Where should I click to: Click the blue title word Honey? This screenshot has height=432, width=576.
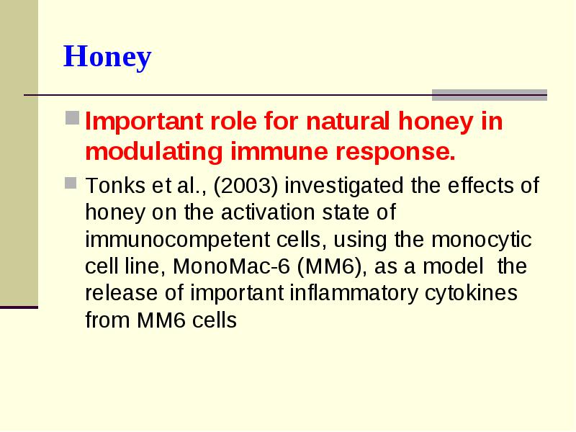[107, 57]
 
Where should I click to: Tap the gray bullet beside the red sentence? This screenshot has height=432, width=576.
[73, 118]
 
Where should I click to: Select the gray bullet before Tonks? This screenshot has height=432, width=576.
[71, 183]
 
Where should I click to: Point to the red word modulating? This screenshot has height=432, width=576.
[154, 152]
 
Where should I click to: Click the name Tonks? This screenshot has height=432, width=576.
[115, 185]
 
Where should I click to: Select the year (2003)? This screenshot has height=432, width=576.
[246, 186]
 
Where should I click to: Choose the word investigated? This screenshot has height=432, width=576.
[344, 186]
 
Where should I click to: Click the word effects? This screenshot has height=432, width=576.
[480, 185]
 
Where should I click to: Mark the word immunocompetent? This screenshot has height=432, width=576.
[177, 240]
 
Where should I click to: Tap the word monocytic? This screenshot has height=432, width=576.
[481, 240]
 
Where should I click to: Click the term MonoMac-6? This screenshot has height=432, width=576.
[231, 266]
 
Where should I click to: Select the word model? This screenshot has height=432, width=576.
[453, 266]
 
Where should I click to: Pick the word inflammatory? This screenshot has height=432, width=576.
[354, 294]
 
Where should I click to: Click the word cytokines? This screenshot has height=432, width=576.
[472, 294]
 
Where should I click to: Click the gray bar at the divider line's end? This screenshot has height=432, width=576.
[490, 95]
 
